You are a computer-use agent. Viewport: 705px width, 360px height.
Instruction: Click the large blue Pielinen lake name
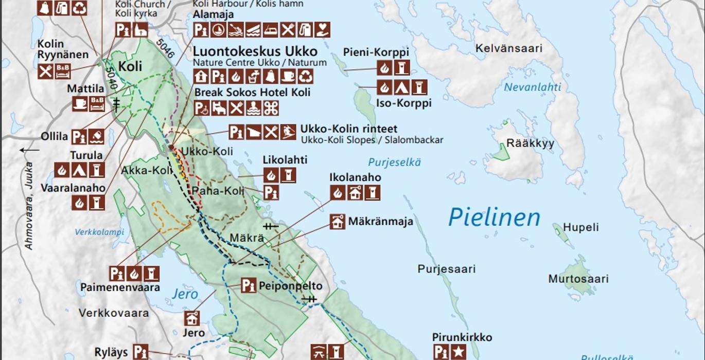point(494,218)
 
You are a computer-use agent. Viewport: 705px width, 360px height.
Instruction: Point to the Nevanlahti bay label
point(532,87)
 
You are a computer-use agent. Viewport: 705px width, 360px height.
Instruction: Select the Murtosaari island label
point(578,279)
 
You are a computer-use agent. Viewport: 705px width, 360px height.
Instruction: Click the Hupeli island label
point(580,227)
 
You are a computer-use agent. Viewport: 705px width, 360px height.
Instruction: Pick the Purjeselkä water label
point(394,163)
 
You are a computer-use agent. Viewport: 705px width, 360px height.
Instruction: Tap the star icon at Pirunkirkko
point(458,352)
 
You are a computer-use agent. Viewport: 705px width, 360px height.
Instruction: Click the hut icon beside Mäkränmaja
point(338,222)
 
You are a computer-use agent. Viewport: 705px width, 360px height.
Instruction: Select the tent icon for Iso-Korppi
point(402,87)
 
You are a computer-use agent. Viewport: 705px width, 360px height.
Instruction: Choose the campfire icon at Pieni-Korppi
point(384,67)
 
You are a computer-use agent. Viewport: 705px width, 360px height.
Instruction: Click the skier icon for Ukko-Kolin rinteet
point(288,132)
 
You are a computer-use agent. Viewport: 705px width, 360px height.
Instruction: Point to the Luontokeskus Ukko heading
point(255,52)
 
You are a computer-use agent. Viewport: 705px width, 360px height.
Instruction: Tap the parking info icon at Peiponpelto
point(249,285)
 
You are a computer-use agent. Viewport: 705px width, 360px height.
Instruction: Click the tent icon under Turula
point(79,170)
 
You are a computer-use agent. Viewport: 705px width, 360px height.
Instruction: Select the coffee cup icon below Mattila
point(80,104)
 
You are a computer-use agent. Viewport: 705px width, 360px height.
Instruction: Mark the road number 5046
point(167,48)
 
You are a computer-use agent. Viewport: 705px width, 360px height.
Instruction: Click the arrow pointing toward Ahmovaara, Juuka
point(30,150)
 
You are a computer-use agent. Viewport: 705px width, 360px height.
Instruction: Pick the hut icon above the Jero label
point(192,318)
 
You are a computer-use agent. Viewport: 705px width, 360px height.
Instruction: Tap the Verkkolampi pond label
point(99,232)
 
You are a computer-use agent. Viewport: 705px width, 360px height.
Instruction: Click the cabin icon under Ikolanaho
point(355,193)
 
